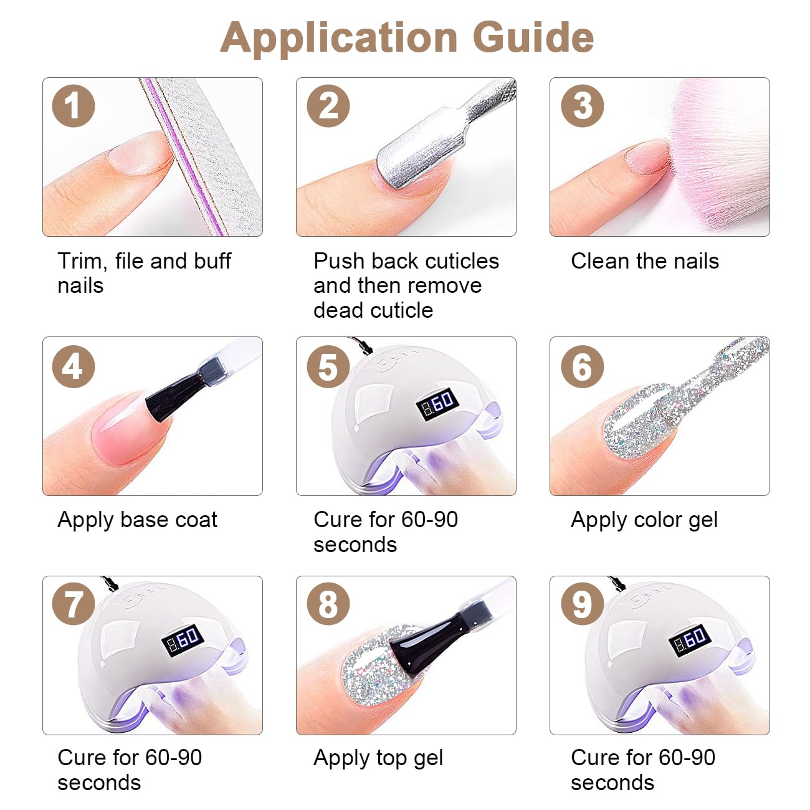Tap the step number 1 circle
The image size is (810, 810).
[x=74, y=105]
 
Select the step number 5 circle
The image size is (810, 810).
[x=328, y=366]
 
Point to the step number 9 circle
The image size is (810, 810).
[x=583, y=604]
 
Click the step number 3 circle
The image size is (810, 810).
[x=583, y=105]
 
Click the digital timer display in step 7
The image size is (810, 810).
[x=183, y=641]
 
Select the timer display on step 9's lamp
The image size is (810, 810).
[x=690, y=641]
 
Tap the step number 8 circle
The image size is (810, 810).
[x=328, y=604]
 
